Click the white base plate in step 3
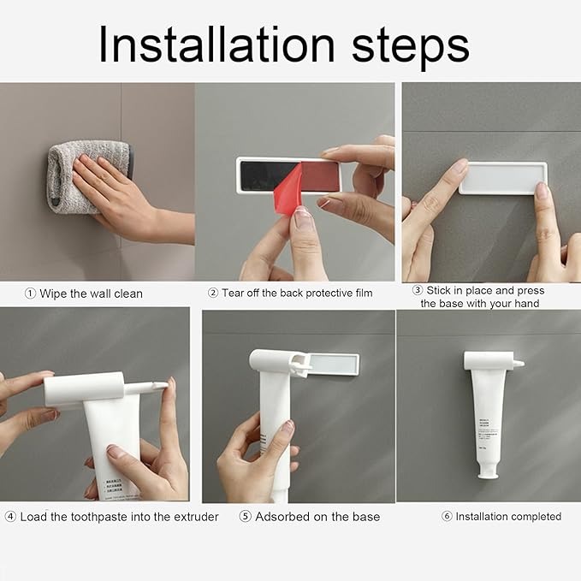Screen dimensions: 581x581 (x=502, y=177)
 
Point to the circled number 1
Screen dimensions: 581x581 (x=31, y=293)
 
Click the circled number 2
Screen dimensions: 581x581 (x=213, y=293)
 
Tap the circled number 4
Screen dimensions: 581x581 (x=10, y=517)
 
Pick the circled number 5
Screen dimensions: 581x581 (x=246, y=517)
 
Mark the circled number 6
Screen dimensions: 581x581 (x=447, y=517)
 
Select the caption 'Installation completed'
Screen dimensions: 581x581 (x=508, y=517)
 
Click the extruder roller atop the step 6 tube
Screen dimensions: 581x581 (x=489, y=360)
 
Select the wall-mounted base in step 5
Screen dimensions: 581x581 (x=334, y=365)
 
